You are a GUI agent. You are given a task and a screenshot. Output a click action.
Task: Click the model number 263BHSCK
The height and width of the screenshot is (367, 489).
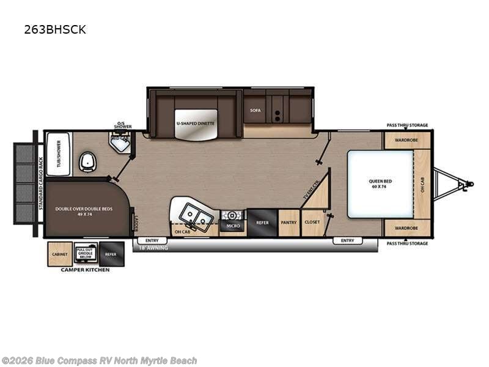point(55,29)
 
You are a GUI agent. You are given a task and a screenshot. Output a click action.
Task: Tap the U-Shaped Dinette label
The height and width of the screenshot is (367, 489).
point(195,123)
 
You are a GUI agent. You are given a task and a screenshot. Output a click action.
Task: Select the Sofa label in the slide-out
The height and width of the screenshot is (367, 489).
point(256,111)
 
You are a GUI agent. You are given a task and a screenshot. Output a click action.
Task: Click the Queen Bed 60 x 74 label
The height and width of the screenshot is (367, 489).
point(380,183)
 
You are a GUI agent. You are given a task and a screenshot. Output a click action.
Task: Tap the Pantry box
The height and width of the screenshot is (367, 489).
point(289,223)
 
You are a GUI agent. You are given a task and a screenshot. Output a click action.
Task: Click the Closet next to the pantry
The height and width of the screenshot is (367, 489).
point(311,223)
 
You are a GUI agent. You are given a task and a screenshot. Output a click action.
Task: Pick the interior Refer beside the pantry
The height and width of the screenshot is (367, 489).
point(262,223)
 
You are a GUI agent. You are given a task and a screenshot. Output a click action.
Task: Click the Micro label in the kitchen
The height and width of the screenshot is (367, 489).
point(232,226)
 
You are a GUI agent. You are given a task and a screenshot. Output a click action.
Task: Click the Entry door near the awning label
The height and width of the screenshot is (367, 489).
point(152,240)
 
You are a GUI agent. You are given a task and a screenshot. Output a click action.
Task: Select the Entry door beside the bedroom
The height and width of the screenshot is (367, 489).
point(347,240)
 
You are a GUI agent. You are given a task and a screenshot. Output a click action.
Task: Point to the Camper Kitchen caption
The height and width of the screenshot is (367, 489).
point(85,270)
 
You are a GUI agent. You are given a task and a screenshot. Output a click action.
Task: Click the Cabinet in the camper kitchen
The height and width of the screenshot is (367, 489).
point(60,254)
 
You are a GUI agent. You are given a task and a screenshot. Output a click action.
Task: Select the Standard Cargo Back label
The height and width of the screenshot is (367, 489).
point(42,183)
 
